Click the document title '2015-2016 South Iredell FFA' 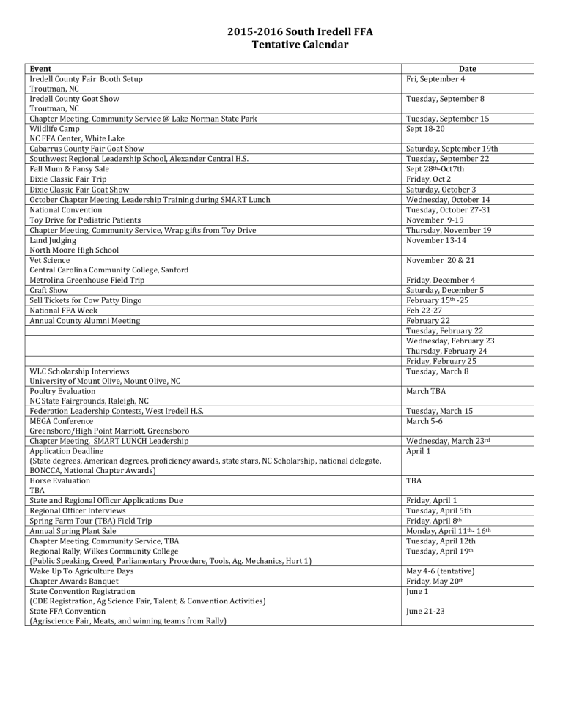281,32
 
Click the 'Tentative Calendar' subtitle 281,45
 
